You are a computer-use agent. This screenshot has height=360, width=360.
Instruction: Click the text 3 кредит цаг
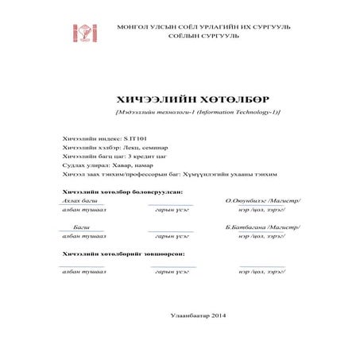click(x=140, y=157)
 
